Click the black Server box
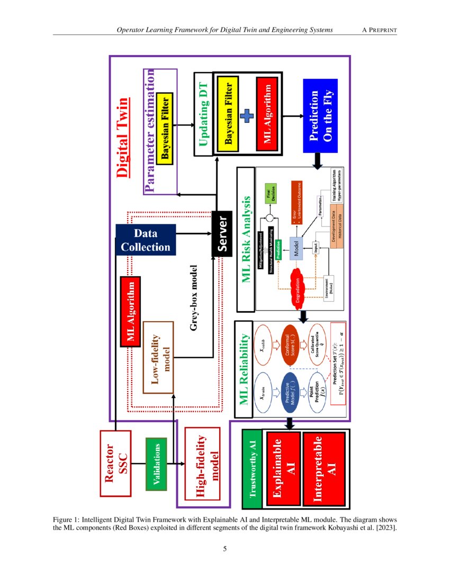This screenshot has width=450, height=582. point(221,233)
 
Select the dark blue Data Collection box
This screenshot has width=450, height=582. point(145,240)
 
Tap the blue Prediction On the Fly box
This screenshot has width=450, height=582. point(320,115)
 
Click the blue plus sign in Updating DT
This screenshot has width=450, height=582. point(248,115)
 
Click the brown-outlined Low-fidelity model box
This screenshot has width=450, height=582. point(158,357)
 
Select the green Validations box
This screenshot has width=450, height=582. point(156,463)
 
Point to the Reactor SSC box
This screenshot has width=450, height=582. point(115,463)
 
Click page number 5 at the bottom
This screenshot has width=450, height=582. point(225,549)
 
